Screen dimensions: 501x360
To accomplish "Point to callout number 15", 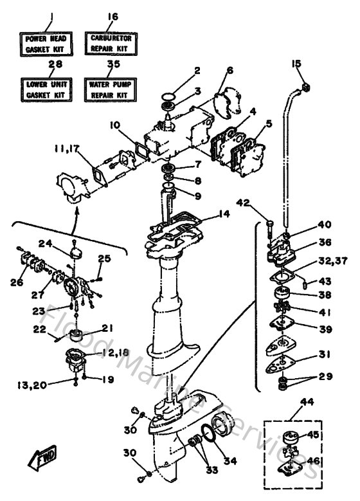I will click(296, 63).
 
